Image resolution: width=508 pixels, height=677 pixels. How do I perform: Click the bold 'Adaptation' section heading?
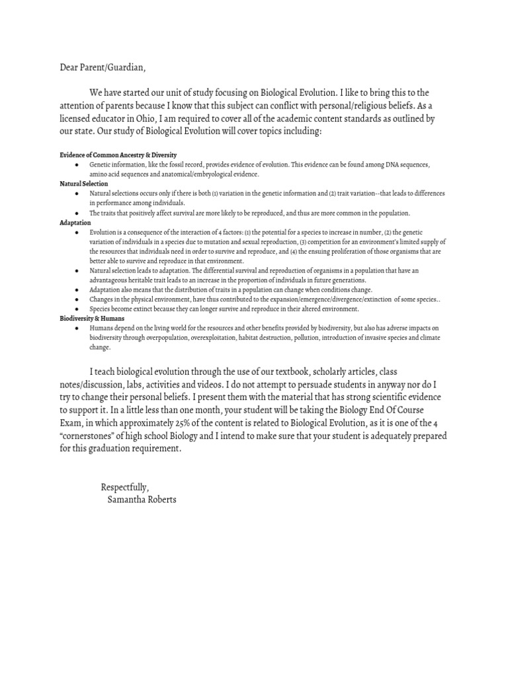75,223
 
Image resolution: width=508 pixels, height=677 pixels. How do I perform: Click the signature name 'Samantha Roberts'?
142,499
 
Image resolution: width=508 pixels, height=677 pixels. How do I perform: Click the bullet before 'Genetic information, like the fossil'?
78,164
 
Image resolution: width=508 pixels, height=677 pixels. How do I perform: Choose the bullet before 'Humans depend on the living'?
78,328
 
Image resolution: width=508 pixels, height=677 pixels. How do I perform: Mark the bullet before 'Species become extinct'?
78,309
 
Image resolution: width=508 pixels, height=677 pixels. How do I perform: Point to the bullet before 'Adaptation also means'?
78,290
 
